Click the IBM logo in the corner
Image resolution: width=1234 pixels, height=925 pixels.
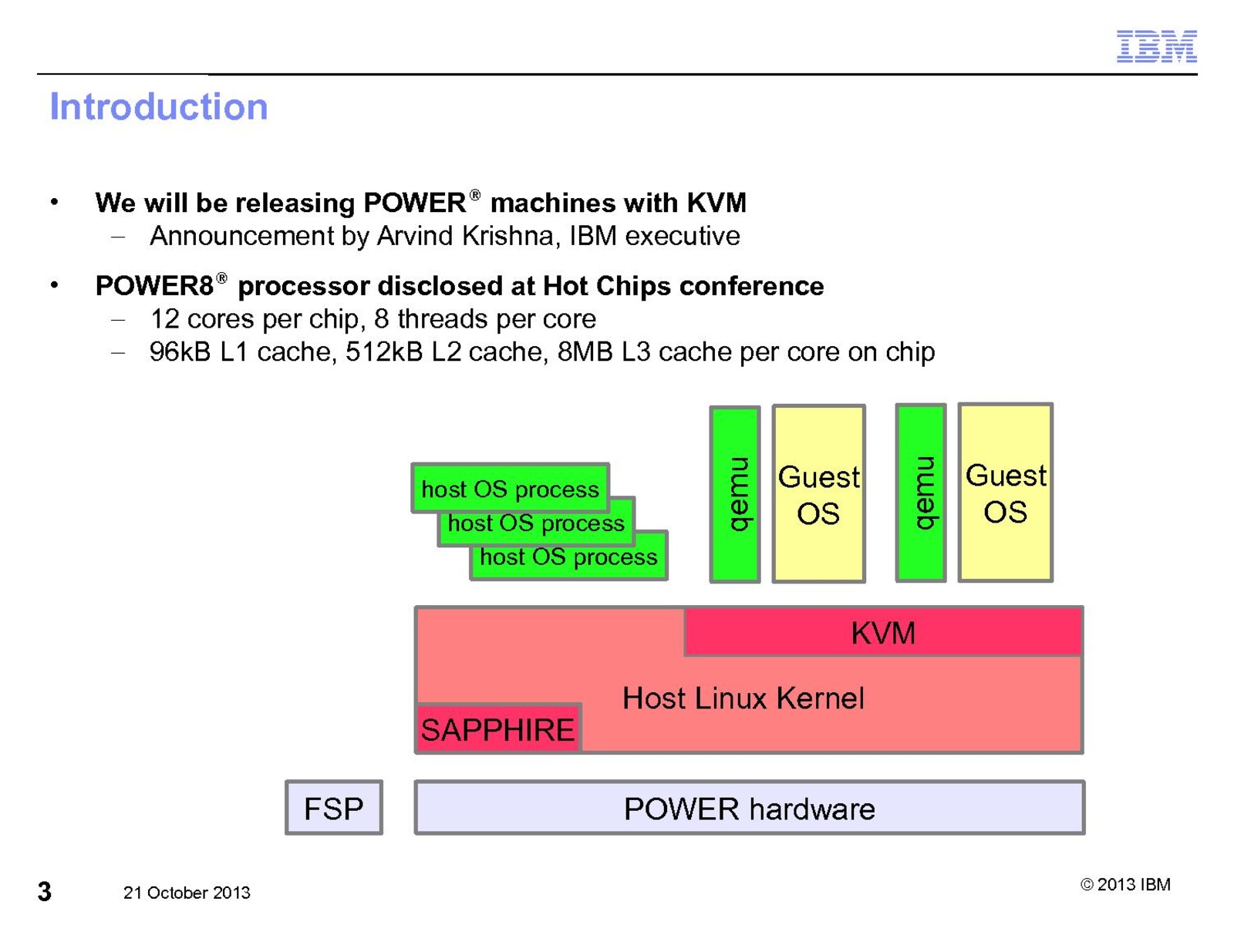pyautogui.click(x=1156, y=47)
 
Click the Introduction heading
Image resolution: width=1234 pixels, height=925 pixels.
pyautogui.click(x=159, y=106)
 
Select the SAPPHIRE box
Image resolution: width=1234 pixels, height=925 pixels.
pyautogui.click(x=497, y=729)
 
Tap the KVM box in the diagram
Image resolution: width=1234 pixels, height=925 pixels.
pyautogui.click(x=883, y=633)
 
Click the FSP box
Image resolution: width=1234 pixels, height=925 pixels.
pyautogui.click(x=333, y=809)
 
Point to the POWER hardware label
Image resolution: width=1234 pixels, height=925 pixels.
pyautogui.click(x=749, y=809)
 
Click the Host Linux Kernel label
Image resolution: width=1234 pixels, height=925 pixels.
pyautogui.click(x=743, y=698)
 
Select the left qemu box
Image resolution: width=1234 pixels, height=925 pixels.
pyautogui.click(x=735, y=494)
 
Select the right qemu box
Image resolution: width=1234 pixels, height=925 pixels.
pyautogui.click(x=921, y=493)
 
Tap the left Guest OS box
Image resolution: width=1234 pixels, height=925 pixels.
pyautogui.click(x=818, y=494)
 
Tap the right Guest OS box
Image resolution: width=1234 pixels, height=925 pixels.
pyautogui.click(x=1005, y=493)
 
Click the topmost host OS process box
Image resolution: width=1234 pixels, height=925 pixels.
pyautogui.click(x=510, y=489)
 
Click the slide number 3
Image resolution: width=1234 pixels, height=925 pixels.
pyautogui.click(x=45, y=892)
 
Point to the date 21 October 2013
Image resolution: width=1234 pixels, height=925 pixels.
pyautogui.click(x=187, y=893)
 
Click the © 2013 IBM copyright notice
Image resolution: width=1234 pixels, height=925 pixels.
pyautogui.click(x=1125, y=884)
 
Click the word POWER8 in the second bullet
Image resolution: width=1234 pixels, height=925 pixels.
pyautogui.click(x=154, y=286)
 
